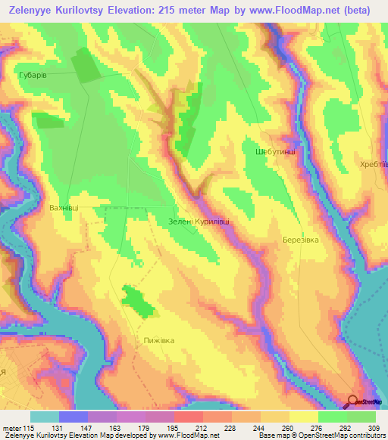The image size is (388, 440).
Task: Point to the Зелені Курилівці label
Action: point(198,222)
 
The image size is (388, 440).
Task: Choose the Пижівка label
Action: point(159,340)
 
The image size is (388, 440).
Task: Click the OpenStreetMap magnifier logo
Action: point(354,401)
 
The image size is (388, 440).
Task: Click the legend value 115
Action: point(29,429)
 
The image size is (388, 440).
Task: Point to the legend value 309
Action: point(375,429)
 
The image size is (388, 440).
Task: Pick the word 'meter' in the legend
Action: point(11,429)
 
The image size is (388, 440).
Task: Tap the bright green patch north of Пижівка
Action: point(137,300)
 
